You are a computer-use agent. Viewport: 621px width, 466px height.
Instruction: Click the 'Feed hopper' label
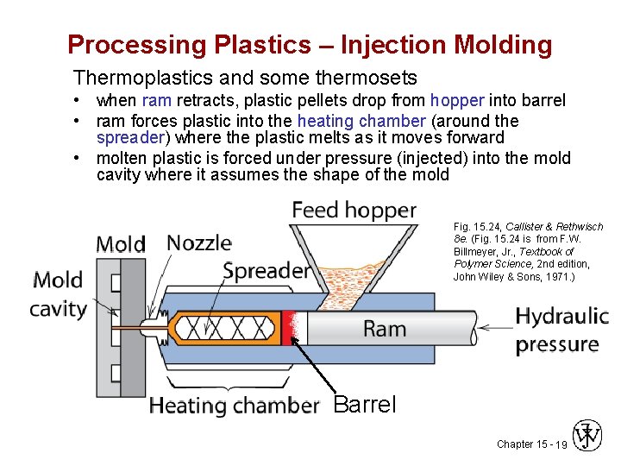point(354,211)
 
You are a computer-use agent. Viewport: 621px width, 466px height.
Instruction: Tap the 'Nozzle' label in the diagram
point(199,242)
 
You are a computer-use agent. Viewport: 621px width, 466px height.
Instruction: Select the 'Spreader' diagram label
point(267,271)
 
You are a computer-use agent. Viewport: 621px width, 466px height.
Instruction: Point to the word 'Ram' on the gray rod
point(385,329)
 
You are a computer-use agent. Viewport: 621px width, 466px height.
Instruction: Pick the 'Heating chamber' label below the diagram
point(234,406)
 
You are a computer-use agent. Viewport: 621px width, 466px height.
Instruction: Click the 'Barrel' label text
point(364,404)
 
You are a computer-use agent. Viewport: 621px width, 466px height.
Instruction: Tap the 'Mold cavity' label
point(59,294)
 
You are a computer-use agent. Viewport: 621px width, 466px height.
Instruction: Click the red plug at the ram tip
point(288,328)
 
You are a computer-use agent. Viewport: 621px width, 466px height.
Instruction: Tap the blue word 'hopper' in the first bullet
point(458,101)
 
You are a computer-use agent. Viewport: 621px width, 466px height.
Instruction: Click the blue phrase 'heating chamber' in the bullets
point(361,121)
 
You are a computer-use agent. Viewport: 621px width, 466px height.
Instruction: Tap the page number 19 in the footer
point(561,444)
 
